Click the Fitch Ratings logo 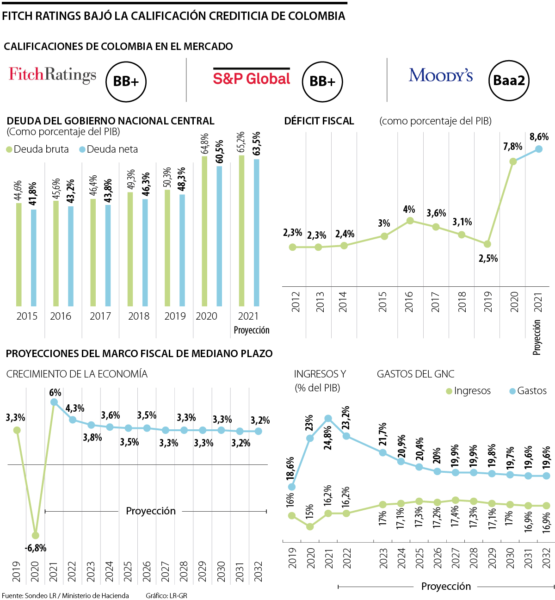coord(52,74)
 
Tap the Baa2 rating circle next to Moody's coord(509,80)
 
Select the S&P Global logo coord(252,78)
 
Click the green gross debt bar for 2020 coord(204,231)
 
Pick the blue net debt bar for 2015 coord(33,258)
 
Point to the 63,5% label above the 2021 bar coord(257,144)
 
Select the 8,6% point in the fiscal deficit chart coord(538,149)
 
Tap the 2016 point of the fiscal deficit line coord(409,221)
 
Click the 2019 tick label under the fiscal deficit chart coord(488,302)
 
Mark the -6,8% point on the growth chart coord(36,536)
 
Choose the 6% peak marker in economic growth coord(54,402)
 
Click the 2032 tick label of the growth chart coord(258,571)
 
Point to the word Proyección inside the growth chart coord(151,511)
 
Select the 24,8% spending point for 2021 coord(328,418)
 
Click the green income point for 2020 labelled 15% coord(310,526)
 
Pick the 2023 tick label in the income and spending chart coord(383,558)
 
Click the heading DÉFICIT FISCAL coord(319,121)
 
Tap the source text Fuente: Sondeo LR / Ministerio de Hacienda coord(65,595)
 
